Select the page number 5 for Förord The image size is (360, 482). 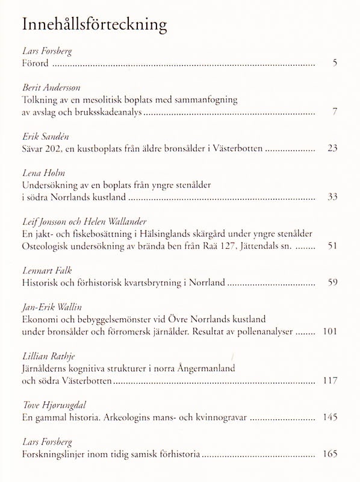(335, 63)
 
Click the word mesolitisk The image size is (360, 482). (105, 99)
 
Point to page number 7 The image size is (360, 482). (335, 111)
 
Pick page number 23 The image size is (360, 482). (332, 148)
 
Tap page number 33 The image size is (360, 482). (332, 196)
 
